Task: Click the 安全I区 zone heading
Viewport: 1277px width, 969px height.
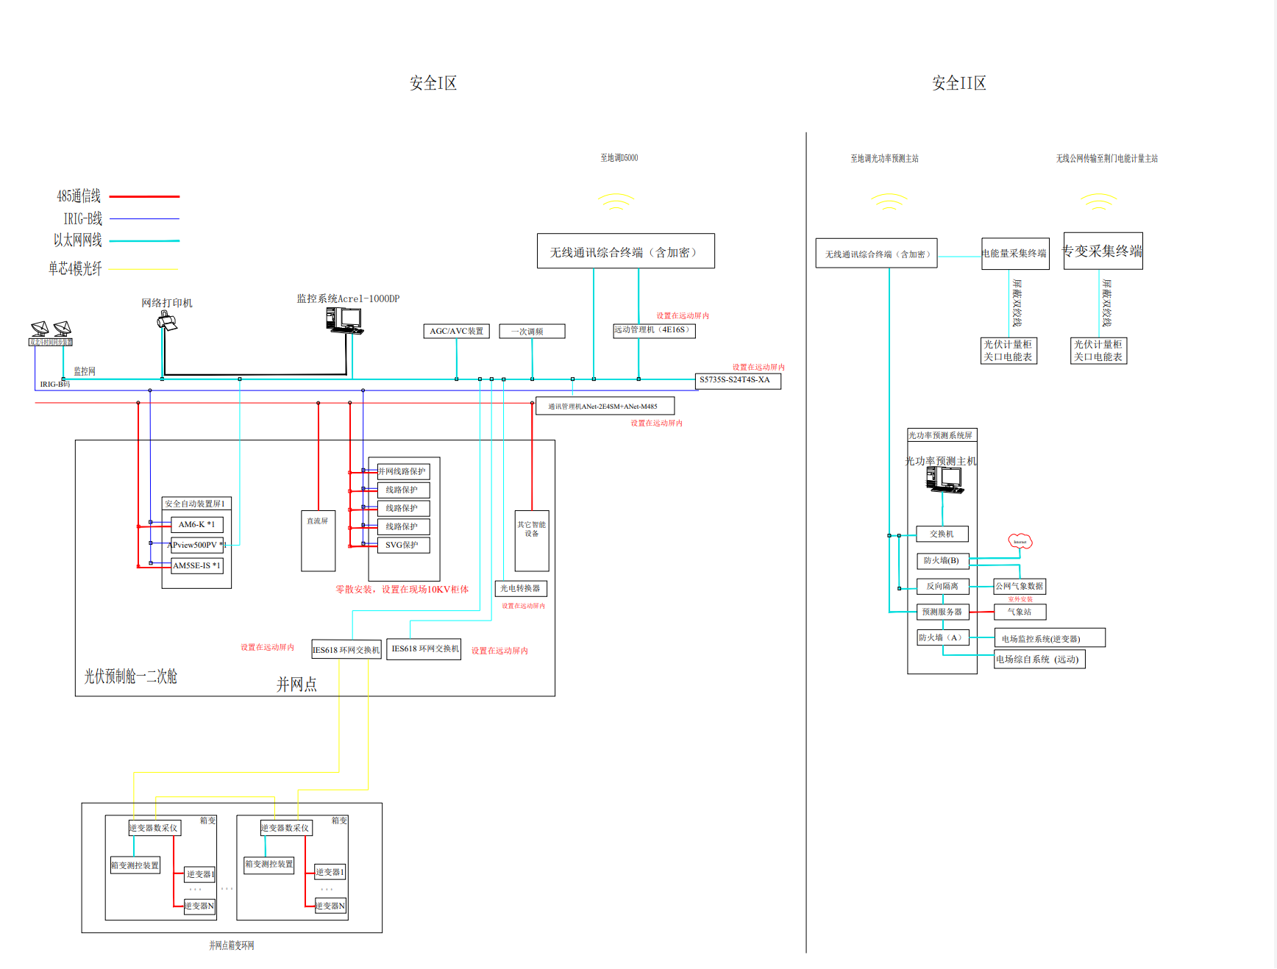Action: (433, 83)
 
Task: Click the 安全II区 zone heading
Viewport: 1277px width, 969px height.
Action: (958, 83)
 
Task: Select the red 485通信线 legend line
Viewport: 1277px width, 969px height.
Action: (144, 196)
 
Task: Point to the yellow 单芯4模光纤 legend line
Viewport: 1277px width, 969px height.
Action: (143, 269)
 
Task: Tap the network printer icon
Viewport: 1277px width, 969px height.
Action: (167, 321)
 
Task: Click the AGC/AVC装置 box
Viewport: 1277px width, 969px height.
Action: (456, 331)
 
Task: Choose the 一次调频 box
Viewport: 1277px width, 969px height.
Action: (532, 331)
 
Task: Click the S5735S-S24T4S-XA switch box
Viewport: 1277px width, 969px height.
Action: (738, 380)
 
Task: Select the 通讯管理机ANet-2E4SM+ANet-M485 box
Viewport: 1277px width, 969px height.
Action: (605, 406)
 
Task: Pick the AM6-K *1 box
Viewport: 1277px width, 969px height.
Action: (196, 524)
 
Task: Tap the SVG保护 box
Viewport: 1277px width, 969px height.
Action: (403, 545)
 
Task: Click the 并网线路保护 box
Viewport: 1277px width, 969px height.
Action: (403, 471)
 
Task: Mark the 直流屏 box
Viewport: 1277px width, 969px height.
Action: (318, 540)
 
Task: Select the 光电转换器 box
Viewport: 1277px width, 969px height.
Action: (521, 588)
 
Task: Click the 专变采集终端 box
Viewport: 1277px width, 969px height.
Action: (1103, 251)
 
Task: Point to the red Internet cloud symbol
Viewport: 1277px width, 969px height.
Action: (1020, 542)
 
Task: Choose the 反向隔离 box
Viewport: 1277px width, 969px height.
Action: (942, 586)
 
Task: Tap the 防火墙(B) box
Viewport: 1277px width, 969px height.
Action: (942, 560)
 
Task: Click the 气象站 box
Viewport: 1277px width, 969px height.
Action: (1020, 612)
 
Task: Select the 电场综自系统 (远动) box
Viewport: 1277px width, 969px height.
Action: (1039, 659)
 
